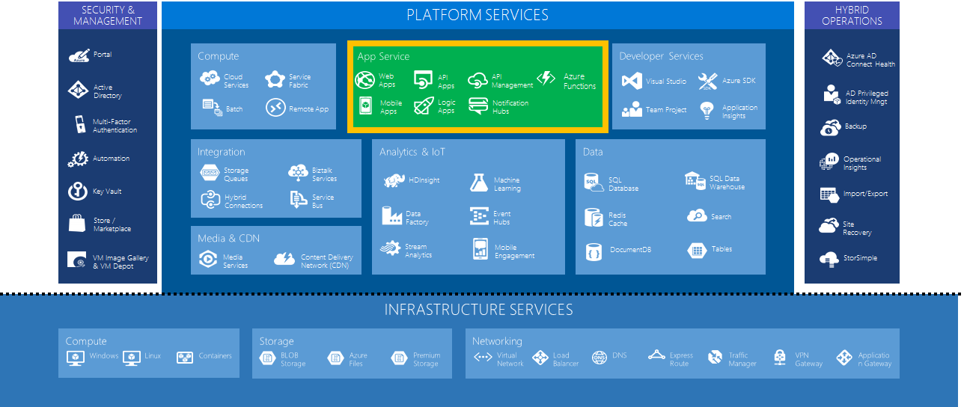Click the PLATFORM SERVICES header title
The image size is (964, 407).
(478, 15)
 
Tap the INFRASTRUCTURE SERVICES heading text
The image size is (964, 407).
(479, 310)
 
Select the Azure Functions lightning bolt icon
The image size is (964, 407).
(546, 79)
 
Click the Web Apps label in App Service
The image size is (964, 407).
(387, 81)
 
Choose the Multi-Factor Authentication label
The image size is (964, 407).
(115, 126)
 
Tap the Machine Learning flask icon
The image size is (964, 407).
(479, 183)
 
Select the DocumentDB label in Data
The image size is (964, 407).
(630, 250)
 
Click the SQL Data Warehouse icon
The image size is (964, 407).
(695, 180)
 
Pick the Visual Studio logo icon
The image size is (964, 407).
(632, 81)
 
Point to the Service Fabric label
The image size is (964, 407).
(299, 81)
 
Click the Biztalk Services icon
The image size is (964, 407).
(298, 172)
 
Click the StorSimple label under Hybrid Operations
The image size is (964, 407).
(860, 258)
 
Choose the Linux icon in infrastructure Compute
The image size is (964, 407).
(132, 358)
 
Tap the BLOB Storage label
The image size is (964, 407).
(293, 360)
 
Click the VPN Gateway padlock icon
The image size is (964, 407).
(780, 358)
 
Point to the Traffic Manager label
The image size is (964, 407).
(742, 360)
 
